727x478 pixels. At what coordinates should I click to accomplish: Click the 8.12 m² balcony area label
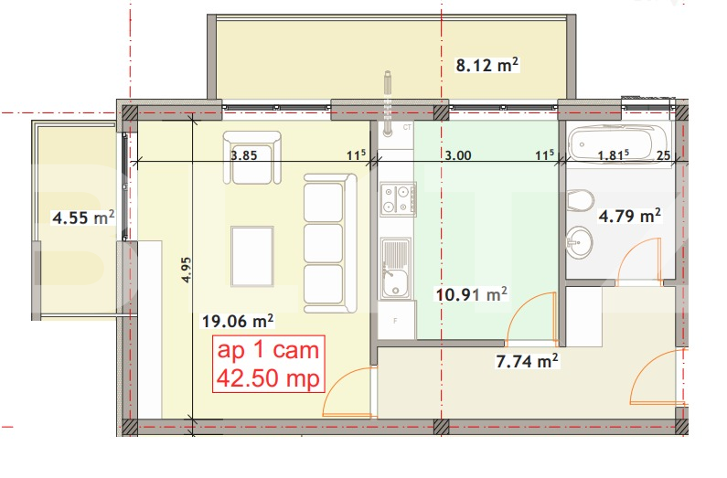(487, 64)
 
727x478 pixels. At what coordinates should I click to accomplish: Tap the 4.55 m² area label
(83, 218)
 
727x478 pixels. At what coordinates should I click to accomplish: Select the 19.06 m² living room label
(238, 321)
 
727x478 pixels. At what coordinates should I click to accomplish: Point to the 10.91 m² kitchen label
(471, 294)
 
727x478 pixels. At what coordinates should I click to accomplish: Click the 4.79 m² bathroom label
(629, 217)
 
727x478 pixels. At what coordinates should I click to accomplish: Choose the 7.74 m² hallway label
(527, 361)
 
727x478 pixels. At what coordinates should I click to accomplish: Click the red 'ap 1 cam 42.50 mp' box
(269, 365)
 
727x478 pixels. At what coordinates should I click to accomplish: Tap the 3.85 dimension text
(243, 155)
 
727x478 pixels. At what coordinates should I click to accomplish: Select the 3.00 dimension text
(457, 155)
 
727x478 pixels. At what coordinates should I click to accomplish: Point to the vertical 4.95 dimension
(187, 273)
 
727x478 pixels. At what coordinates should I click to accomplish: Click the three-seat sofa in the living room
(327, 243)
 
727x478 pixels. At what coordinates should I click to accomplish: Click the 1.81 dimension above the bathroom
(612, 155)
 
